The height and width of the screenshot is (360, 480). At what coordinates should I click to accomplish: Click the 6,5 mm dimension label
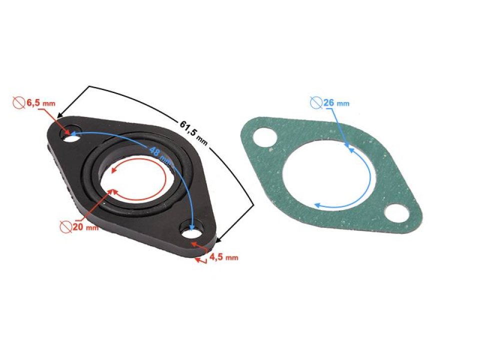[40, 103]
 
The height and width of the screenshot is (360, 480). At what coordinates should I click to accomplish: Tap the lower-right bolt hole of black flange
[191, 232]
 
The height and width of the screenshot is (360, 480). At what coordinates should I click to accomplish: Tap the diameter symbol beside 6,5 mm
[19, 103]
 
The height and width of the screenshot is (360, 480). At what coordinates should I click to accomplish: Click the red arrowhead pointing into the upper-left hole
[69, 132]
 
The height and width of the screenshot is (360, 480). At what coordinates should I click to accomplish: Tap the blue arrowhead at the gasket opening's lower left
[317, 205]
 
